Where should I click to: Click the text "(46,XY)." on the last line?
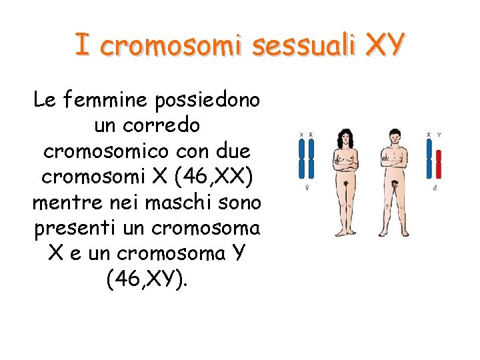[x=147, y=279]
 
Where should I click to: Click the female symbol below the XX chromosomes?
[x=306, y=189]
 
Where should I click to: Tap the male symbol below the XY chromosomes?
[x=434, y=189]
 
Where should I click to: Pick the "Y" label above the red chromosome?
[x=439, y=135]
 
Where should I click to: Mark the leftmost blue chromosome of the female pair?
[x=302, y=160]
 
